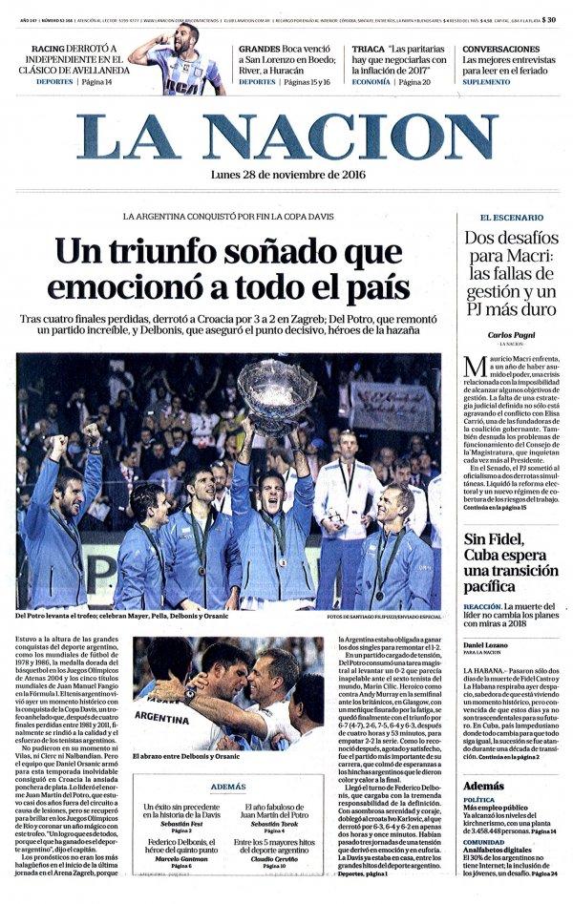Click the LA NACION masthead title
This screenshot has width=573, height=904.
point(286,137)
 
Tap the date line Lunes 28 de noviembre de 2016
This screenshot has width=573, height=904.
point(287,174)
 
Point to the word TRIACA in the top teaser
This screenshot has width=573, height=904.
point(369,50)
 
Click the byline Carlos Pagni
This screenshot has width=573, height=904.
point(513,335)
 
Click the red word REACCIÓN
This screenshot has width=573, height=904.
point(482,606)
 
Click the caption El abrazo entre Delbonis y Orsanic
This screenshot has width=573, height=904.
point(186,756)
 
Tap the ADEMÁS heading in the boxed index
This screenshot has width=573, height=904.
point(228,787)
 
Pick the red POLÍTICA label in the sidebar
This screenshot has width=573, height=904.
point(478,799)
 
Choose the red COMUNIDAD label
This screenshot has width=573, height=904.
point(483,842)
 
